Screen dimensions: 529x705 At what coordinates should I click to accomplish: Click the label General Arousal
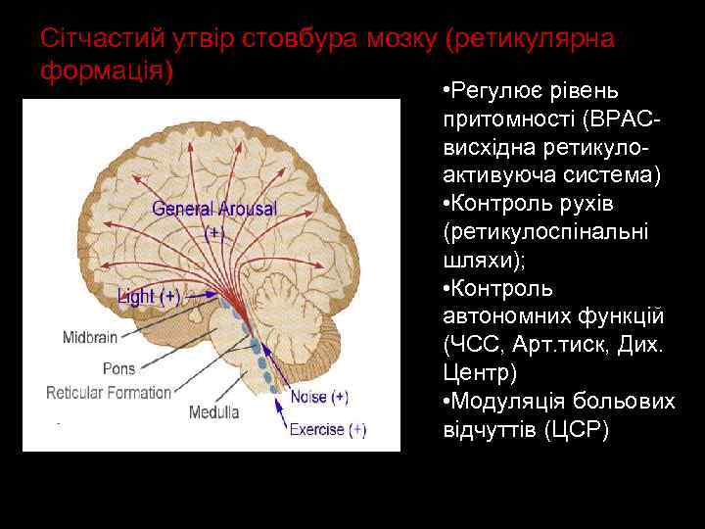click(214, 209)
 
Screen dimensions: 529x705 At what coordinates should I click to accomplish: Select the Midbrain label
click(90, 337)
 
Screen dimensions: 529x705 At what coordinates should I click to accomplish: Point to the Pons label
click(118, 369)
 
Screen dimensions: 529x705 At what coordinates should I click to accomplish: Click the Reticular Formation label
click(108, 393)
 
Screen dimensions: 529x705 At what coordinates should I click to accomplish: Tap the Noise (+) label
click(318, 398)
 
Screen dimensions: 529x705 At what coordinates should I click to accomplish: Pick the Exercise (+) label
click(327, 428)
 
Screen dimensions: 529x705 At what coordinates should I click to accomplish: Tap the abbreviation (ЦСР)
click(575, 430)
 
